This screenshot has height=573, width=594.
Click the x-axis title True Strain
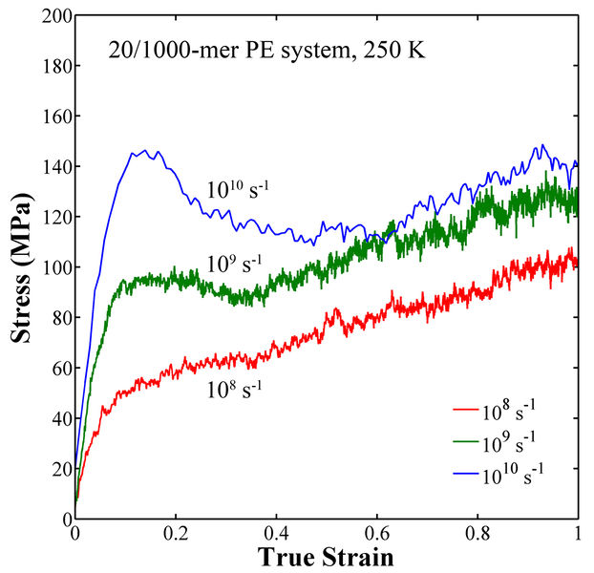(x=327, y=556)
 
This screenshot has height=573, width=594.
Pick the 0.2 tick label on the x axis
(x=176, y=534)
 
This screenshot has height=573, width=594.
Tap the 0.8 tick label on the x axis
(x=477, y=534)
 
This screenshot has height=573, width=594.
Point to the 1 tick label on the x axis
(x=578, y=534)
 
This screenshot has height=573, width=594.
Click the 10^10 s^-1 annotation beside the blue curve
(x=238, y=187)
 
